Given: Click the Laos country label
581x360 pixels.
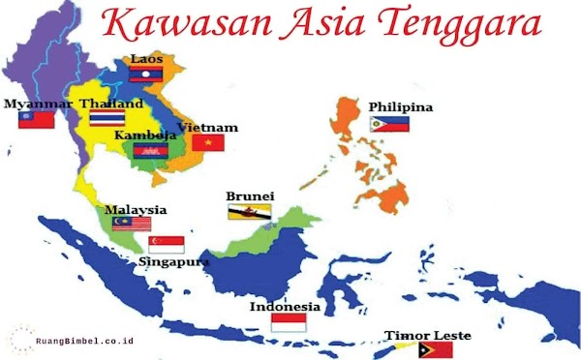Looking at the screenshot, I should [x=147, y=59].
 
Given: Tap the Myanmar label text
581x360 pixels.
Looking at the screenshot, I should [x=38, y=104].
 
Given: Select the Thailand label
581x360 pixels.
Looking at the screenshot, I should [x=112, y=104].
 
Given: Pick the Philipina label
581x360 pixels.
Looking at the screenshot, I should [x=401, y=106].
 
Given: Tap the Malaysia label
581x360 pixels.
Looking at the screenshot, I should [x=136, y=210].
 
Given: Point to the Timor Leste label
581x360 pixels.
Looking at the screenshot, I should [x=428, y=336].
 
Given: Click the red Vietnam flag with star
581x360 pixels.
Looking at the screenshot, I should [x=207, y=143].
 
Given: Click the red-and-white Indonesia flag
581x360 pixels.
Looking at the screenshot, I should [x=289, y=323].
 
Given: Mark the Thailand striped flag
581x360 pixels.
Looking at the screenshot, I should [x=106, y=118].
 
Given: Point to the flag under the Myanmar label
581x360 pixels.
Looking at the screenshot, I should [x=36, y=120].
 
